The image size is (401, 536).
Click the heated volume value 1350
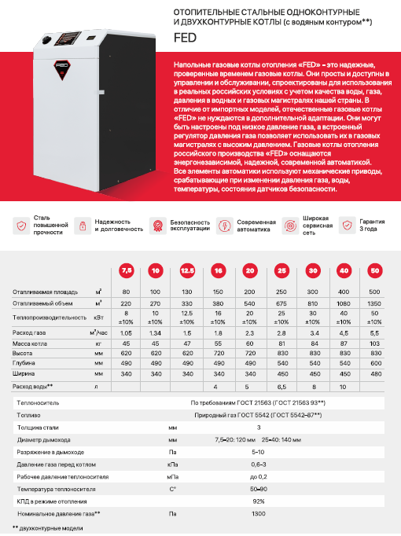coord(374,302)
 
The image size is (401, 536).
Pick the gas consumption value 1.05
coord(126,332)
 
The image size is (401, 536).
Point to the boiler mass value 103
coord(374,343)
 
